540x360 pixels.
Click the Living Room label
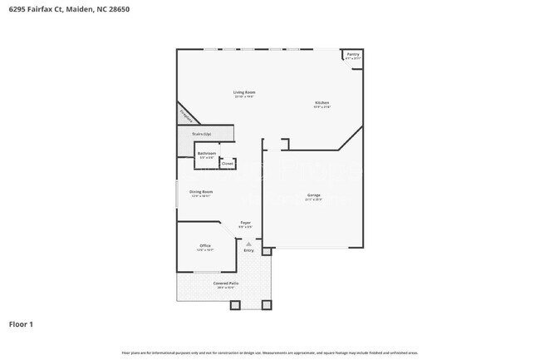click(x=243, y=93)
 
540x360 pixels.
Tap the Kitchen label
click(x=322, y=104)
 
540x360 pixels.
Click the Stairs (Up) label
click(x=202, y=134)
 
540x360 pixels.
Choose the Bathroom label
click(x=207, y=154)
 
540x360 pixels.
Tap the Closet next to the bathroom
click(x=227, y=164)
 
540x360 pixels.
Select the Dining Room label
click(x=202, y=193)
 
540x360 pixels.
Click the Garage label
click(x=313, y=196)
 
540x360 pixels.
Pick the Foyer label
click(x=246, y=224)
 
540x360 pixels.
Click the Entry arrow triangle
click(x=248, y=243)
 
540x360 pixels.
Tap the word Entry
click(x=248, y=249)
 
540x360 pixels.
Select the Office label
click(x=205, y=246)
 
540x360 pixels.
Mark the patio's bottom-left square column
click(x=235, y=304)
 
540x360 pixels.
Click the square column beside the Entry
click(x=266, y=250)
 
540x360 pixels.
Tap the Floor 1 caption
click(x=21, y=324)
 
